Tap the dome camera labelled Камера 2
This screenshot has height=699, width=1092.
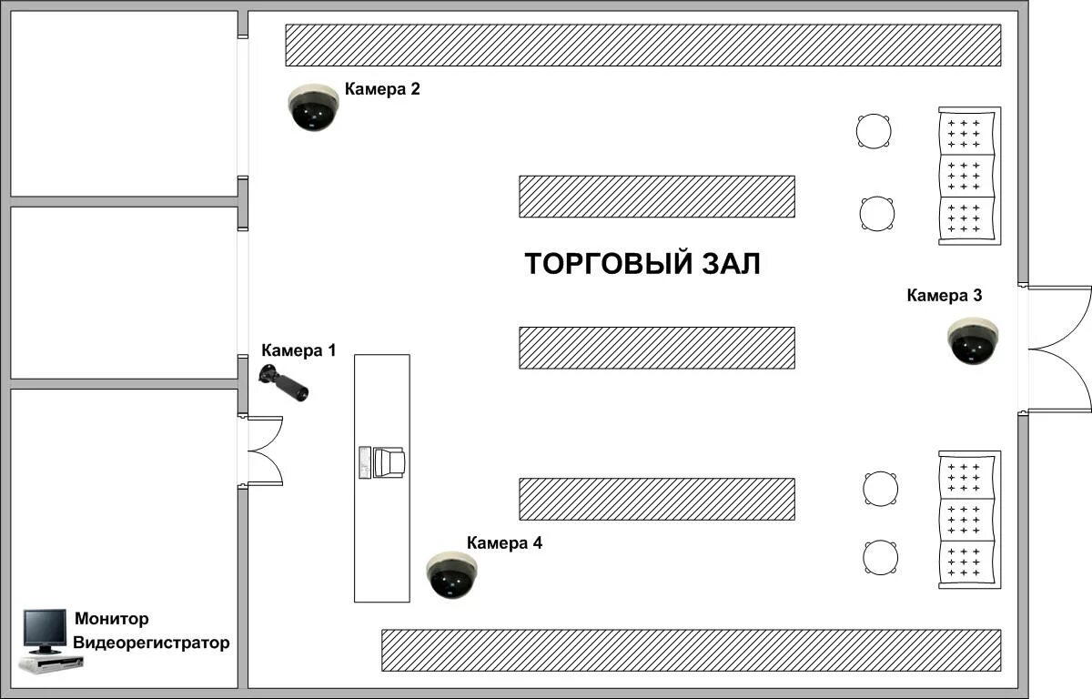313,107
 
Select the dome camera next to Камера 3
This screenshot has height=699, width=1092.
973,341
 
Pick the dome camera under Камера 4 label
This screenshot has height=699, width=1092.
451,575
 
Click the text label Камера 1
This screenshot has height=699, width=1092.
298,350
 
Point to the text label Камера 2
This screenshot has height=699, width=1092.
382,89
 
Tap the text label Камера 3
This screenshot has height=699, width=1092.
945,295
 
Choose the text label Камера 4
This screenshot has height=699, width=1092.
504,543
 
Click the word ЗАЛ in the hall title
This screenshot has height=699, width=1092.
730,264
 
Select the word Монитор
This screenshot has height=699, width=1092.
111,620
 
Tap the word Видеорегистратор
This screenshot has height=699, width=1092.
151,643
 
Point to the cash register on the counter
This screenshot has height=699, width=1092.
382,462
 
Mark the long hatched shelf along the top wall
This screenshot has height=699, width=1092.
642,46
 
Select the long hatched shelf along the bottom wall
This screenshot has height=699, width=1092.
691,650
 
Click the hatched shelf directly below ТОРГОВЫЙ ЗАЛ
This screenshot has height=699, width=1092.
656,348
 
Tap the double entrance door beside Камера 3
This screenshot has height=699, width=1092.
1056,349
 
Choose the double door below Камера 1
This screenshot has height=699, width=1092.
262,451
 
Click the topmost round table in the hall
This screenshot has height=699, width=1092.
874,130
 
